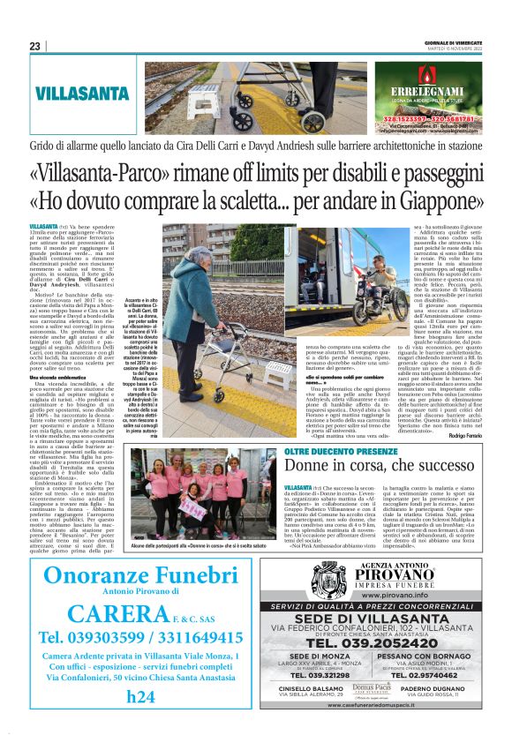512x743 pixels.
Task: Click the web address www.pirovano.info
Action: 382,596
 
